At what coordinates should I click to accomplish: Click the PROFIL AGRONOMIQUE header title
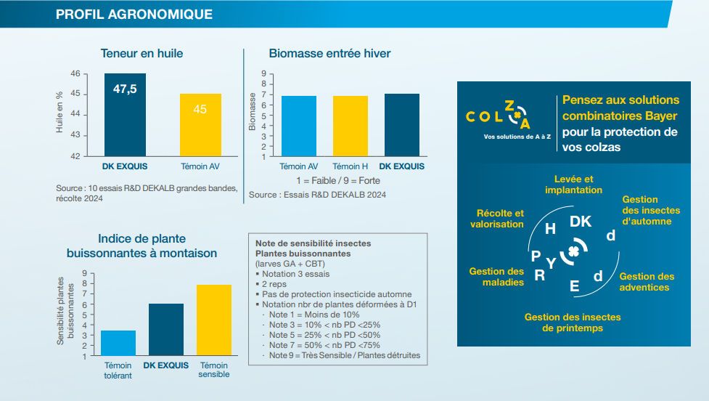point(134,14)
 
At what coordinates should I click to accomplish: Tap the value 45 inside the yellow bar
point(200,110)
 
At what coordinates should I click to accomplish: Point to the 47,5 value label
point(124,89)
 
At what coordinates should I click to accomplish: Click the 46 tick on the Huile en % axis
point(75,74)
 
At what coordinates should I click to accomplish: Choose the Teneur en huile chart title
point(142,53)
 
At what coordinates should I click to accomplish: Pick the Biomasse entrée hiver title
point(329,53)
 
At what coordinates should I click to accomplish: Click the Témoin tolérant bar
point(118,343)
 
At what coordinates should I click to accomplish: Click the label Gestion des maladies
point(496,277)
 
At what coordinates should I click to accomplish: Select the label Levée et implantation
point(573,185)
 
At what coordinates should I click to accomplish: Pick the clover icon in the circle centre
point(574,253)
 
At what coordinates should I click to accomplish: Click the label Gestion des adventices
point(647,282)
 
